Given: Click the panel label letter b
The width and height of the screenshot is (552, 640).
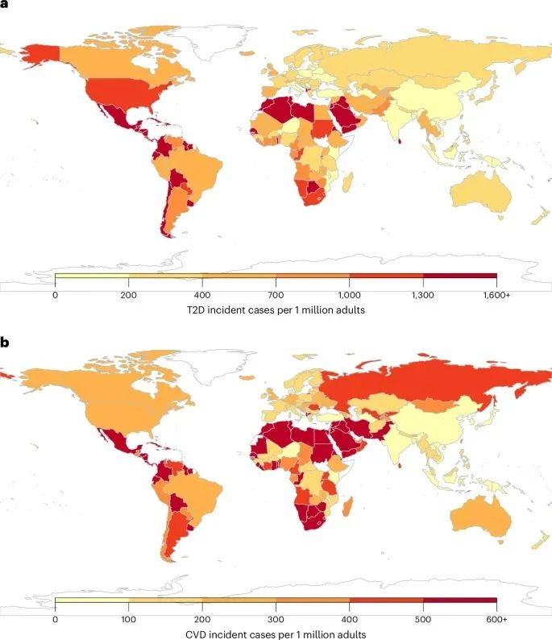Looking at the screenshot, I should [x=5, y=343].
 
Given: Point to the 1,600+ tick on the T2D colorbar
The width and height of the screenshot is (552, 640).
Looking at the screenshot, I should [x=496, y=296].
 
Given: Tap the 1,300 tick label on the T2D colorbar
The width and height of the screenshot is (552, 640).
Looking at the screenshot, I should [x=423, y=296].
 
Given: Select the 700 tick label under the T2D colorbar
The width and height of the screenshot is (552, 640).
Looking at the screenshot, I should [x=276, y=296].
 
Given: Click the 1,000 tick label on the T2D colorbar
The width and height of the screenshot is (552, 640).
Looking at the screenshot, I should [x=350, y=296].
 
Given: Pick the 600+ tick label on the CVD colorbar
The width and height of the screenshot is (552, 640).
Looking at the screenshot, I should [x=496, y=618].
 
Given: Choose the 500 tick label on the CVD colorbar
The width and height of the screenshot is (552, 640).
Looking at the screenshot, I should [x=423, y=618].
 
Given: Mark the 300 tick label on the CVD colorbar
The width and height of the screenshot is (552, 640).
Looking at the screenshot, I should [x=276, y=618].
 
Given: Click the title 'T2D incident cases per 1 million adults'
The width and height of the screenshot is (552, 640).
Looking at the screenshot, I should [x=276, y=310].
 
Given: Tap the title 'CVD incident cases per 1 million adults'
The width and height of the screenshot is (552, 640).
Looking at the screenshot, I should [x=276, y=633].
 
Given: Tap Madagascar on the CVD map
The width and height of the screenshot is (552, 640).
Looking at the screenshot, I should [x=350, y=507].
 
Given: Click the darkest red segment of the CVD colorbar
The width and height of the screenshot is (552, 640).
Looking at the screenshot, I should [x=459, y=600].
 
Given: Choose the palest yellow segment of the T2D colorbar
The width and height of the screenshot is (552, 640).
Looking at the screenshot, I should [x=92, y=277].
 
